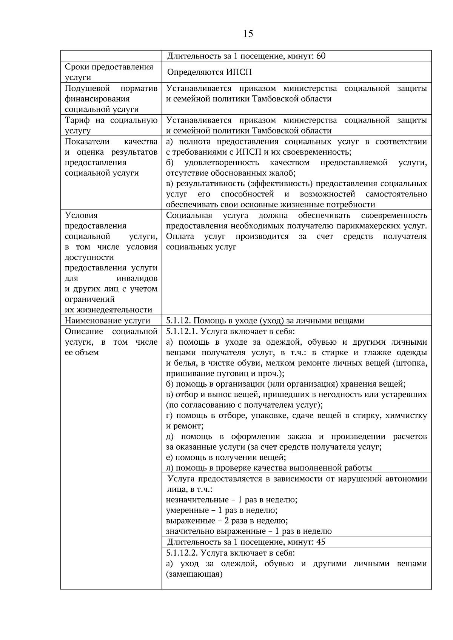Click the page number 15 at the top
click(x=248, y=34)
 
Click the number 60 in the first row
click(x=321, y=56)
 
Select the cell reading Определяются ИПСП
click(x=209, y=72)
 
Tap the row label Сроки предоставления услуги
click(x=109, y=72)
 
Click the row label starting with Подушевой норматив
click(x=111, y=99)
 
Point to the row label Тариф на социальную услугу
click(x=111, y=125)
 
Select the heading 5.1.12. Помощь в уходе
click(x=265, y=321)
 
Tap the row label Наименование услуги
click(x=108, y=321)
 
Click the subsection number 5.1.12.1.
click(x=182, y=332)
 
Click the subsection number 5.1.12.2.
click(x=182, y=553)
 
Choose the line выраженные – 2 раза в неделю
click(x=227, y=521)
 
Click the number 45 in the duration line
click(x=321, y=542)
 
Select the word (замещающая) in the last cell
click(x=194, y=574)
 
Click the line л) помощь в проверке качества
click(x=269, y=468)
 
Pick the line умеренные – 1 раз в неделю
click(x=222, y=510)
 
